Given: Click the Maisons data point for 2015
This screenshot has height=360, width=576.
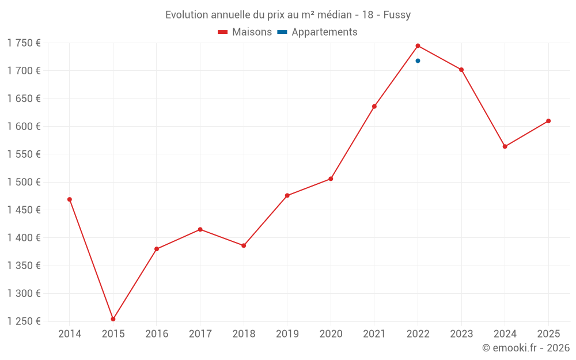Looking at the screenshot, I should [113, 319].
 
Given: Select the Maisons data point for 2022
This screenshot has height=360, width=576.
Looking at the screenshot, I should [418, 46].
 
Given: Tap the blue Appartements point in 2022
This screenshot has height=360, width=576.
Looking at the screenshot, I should [418, 60].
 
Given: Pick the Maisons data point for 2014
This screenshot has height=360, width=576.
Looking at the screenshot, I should [70, 199].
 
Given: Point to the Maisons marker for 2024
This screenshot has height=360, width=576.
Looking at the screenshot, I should [505, 146].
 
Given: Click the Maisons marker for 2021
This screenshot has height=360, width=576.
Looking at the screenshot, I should [374, 107].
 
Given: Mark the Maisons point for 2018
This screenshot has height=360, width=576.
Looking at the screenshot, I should [244, 245].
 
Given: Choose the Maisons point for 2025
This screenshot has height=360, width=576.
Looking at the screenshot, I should [548, 121].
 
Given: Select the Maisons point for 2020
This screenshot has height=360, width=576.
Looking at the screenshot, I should [331, 179].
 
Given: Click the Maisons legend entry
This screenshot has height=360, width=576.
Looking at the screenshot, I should [245, 32].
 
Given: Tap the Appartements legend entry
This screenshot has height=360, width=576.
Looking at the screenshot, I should [317, 32].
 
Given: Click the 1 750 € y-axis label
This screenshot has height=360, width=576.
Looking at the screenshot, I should [24, 43].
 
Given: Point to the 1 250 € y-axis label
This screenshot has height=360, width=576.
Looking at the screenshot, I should [24, 321].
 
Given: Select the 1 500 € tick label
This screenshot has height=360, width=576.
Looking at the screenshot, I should [24, 182].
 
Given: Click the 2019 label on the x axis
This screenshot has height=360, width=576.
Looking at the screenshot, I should [287, 334].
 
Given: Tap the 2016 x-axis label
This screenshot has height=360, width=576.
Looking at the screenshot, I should [157, 334].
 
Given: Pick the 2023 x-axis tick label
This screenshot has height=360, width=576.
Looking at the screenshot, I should [461, 334].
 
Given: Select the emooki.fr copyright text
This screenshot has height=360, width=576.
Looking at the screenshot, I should [526, 348].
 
